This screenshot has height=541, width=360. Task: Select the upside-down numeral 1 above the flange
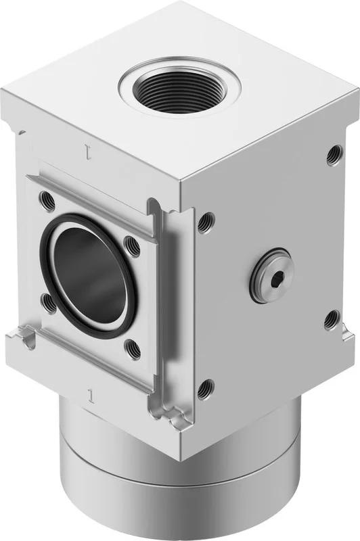[89, 151]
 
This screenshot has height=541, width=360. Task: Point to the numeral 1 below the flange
[91, 396]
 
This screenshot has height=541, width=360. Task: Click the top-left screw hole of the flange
[47, 200]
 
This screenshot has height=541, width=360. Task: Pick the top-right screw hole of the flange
[133, 246]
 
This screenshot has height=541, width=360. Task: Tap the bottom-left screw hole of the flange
[49, 303]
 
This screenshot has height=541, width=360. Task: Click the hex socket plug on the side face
[270, 276]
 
